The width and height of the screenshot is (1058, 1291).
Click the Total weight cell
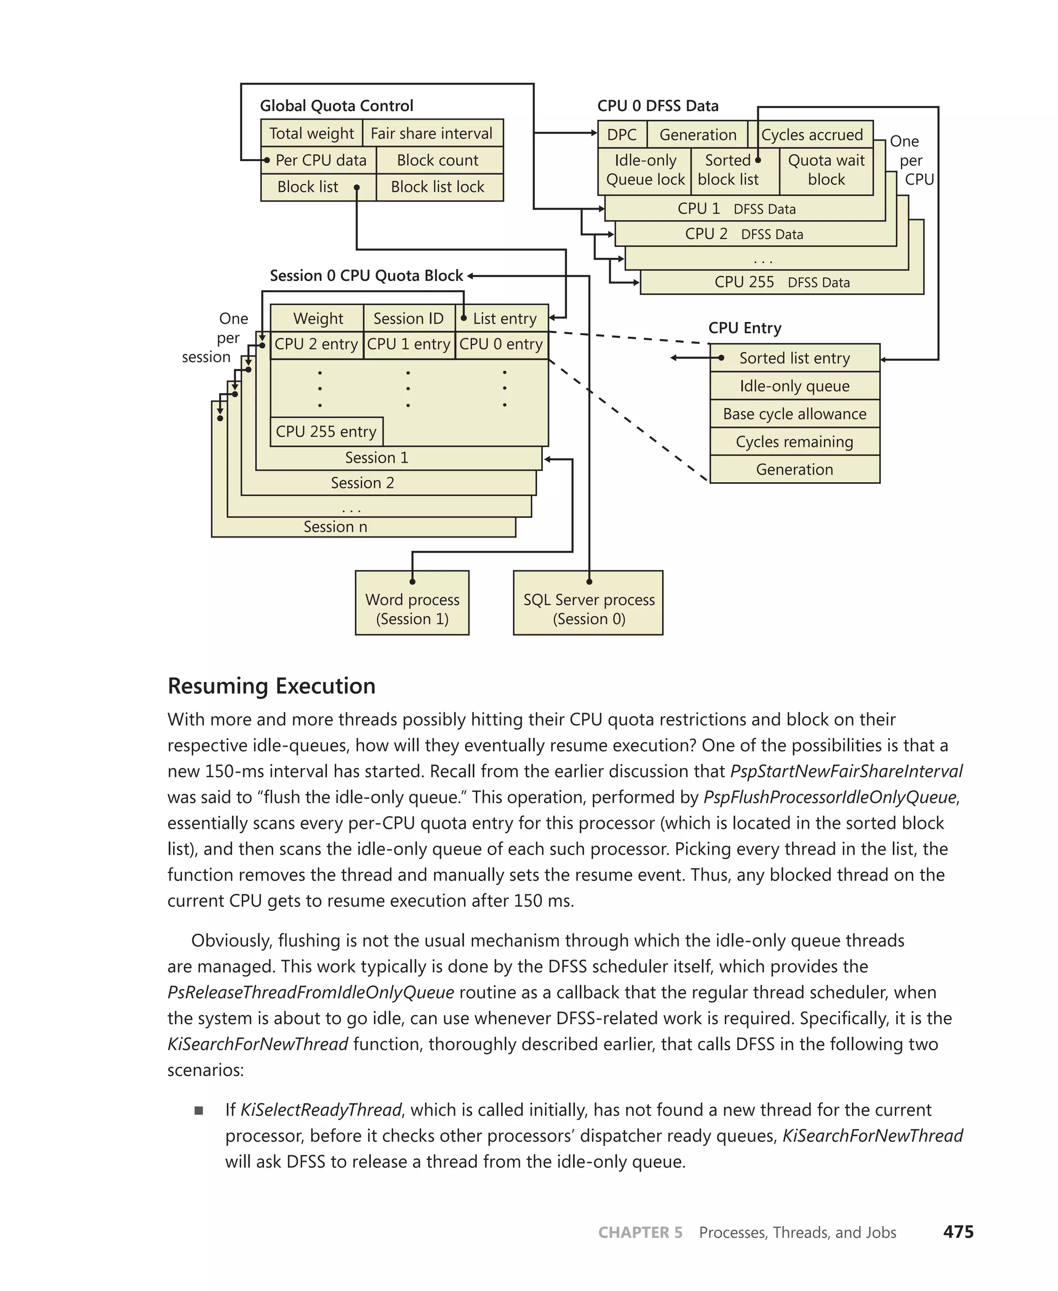click(x=312, y=133)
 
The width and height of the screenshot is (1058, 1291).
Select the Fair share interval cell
click(x=431, y=133)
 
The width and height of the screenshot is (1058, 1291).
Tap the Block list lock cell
click(x=438, y=186)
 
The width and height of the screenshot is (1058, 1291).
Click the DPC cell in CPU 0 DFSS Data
click(x=621, y=135)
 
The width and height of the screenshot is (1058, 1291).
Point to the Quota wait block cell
click(x=826, y=169)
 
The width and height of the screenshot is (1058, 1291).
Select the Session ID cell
click(x=408, y=318)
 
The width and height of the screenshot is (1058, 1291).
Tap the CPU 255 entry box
click(x=326, y=431)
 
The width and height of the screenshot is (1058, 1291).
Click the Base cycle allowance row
click(x=794, y=414)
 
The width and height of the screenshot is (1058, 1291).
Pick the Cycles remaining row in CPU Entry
click(x=794, y=442)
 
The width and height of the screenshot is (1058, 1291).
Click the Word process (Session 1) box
click(x=412, y=609)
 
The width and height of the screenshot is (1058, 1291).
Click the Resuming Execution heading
click(x=271, y=685)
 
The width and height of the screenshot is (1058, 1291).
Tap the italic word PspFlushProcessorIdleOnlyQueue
click(x=830, y=797)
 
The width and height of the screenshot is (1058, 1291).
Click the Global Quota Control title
click(x=336, y=106)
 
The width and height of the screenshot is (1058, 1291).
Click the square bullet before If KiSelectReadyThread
click(x=199, y=1110)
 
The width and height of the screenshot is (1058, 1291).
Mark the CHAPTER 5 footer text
click(x=640, y=1233)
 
